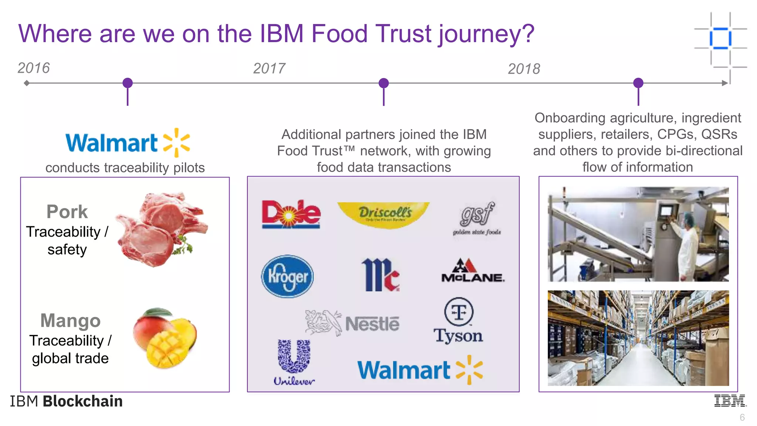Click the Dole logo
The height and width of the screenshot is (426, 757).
(x=291, y=214)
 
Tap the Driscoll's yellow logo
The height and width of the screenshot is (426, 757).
(x=384, y=214)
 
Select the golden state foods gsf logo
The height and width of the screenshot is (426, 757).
(x=477, y=218)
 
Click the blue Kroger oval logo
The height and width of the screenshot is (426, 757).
(x=287, y=276)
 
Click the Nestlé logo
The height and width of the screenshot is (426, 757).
(x=352, y=323)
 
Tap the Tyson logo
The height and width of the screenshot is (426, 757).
(x=458, y=321)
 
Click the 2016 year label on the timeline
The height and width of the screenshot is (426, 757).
(x=34, y=68)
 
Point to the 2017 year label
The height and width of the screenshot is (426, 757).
(x=269, y=68)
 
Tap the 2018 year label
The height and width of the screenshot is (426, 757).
(x=524, y=69)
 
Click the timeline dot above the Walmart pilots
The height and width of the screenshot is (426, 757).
(x=128, y=83)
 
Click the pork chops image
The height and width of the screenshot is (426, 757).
(x=161, y=229)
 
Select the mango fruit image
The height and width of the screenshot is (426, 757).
(x=165, y=338)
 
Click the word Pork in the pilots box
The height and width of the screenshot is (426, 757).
(x=67, y=212)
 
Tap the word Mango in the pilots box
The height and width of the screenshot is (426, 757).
(x=70, y=320)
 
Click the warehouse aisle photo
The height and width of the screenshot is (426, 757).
(x=638, y=338)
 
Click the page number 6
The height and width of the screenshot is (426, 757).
(x=742, y=417)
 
